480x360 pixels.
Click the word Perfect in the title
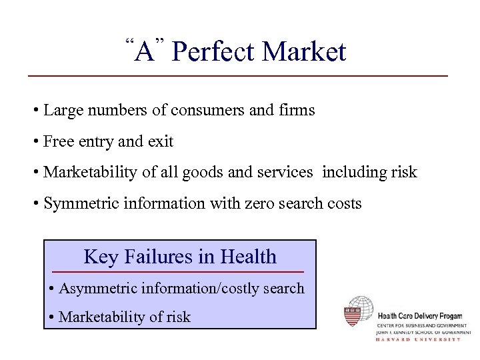(x=213, y=52)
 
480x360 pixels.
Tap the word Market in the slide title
(x=305, y=52)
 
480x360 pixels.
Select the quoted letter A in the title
(x=144, y=51)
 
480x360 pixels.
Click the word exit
(x=160, y=141)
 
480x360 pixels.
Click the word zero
(x=248, y=203)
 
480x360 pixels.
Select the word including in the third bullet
(x=351, y=172)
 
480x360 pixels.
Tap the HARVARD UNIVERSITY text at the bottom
(x=419, y=339)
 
